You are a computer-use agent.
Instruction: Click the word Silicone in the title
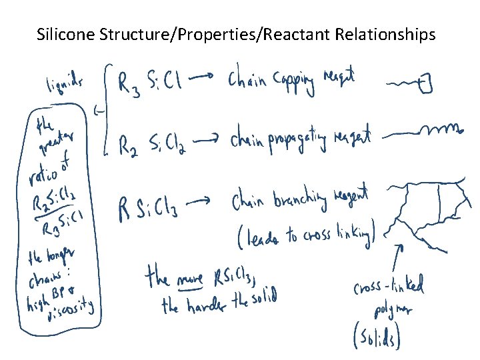63,33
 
